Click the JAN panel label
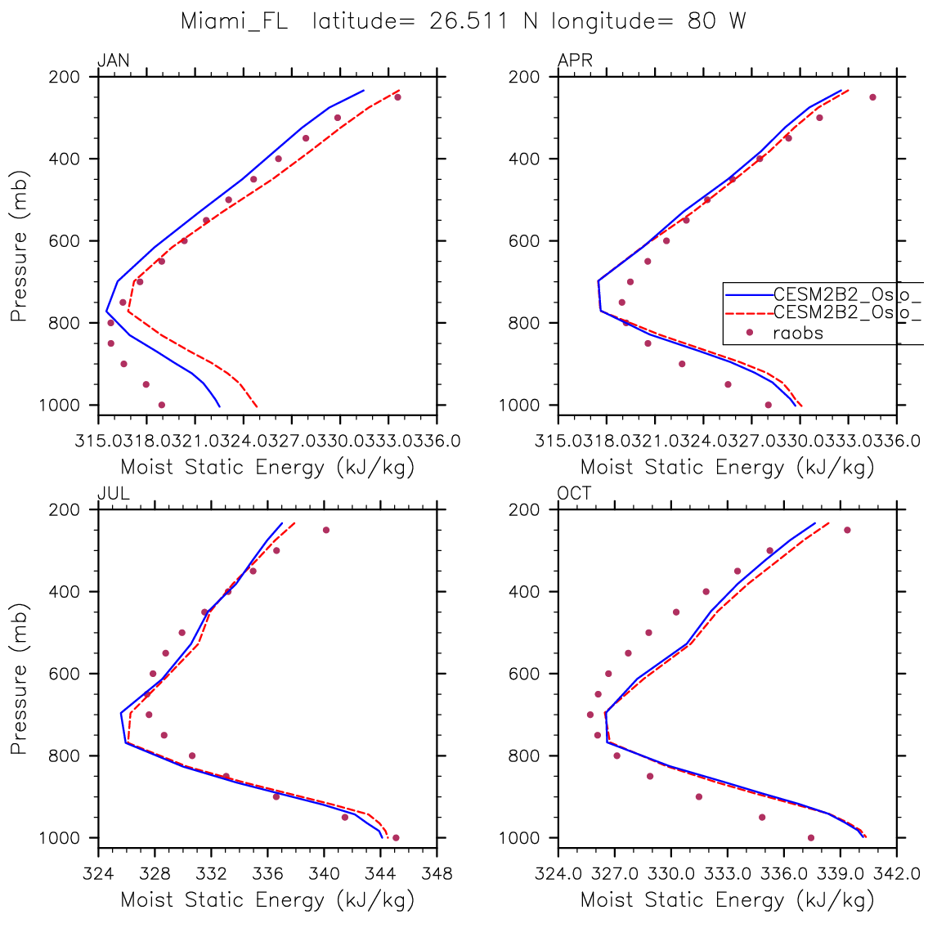(x=113, y=61)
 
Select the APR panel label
(x=575, y=61)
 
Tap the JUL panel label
(x=113, y=493)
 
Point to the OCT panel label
(x=575, y=493)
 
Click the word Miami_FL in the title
(x=234, y=21)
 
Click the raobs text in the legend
(x=798, y=333)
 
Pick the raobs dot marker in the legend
(x=749, y=332)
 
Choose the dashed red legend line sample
(x=748, y=312)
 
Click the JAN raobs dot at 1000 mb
(x=161, y=405)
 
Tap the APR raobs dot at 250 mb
(x=872, y=97)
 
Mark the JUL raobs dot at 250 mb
(x=325, y=530)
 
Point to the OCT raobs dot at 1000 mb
(x=810, y=837)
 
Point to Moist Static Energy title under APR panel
(x=728, y=468)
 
